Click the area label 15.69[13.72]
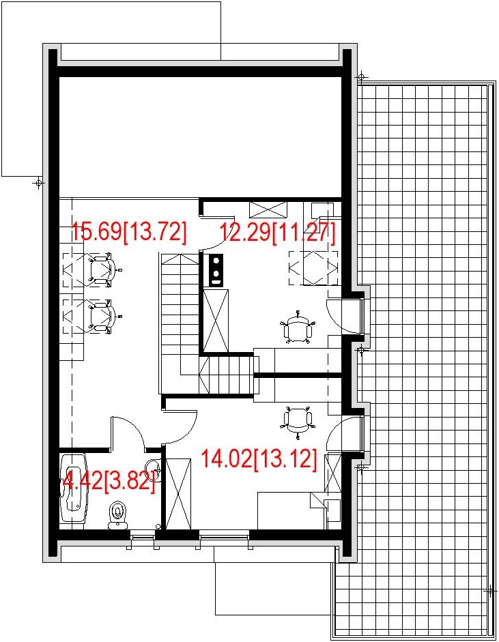coord(129,232)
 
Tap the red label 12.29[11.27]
coord(277,233)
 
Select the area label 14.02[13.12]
coord(259,459)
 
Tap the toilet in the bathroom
coord(118,513)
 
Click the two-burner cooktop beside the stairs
coord(217,268)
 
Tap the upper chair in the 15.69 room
coord(102,269)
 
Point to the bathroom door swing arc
coord(129,433)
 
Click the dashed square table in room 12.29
coord(313,267)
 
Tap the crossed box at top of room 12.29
coord(268,208)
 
